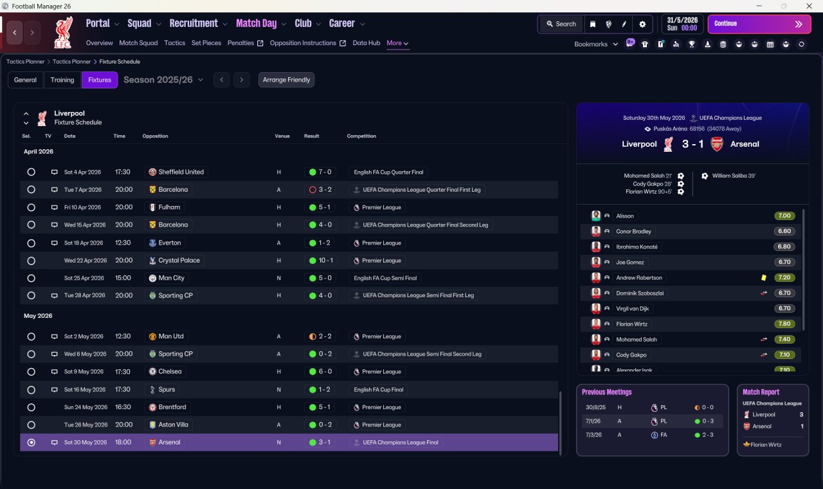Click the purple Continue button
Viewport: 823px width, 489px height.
[x=759, y=24]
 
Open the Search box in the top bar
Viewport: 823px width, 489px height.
[x=561, y=24]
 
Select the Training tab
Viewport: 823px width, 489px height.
[x=62, y=80]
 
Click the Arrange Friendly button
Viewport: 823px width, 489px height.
[x=286, y=80]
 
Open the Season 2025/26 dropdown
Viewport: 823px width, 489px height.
[x=163, y=80]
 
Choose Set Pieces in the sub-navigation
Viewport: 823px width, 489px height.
[x=206, y=43]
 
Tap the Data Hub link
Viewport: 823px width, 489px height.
[x=366, y=43]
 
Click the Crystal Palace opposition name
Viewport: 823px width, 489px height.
[x=179, y=261]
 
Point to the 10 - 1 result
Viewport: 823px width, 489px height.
[x=325, y=261]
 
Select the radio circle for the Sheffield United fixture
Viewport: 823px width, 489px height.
[x=32, y=172]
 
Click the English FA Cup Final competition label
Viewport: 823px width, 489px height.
[x=379, y=390]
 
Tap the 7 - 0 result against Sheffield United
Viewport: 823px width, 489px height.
[x=325, y=172]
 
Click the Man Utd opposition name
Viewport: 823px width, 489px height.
[x=171, y=337]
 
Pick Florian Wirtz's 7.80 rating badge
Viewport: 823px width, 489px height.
[x=784, y=324]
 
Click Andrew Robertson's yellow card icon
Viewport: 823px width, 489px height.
[x=763, y=277]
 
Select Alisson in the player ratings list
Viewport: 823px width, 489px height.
[x=624, y=216]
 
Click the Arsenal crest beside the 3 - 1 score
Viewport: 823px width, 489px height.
[x=716, y=144]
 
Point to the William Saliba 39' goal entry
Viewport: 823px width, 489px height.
[x=734, y=176]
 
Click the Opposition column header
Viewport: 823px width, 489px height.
[x=155, y=136]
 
